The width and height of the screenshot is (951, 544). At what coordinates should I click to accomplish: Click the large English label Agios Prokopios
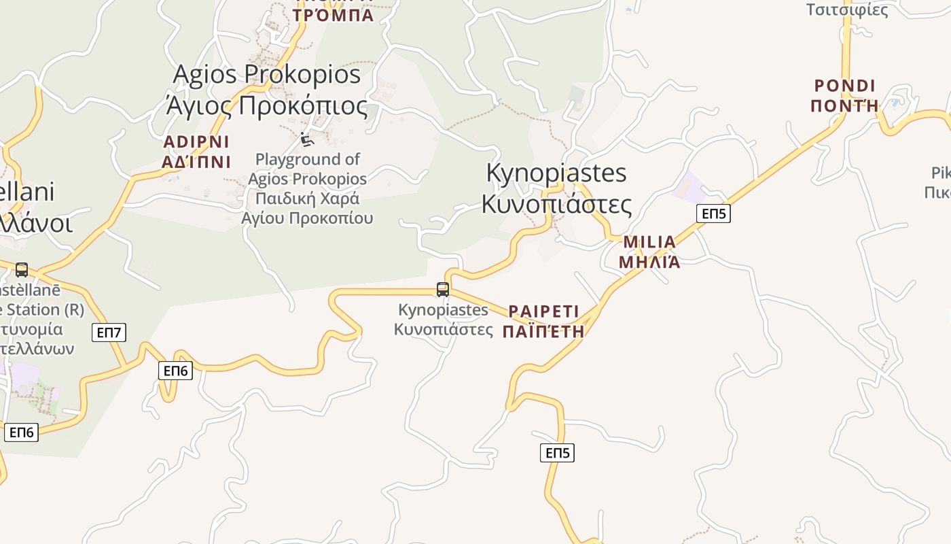tap(267, 74)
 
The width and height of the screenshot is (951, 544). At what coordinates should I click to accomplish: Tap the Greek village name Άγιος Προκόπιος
tap(266, 106)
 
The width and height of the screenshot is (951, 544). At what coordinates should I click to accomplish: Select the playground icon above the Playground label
tap(307, 139)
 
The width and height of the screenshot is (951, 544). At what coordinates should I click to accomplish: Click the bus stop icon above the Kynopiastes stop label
tap(443, 290)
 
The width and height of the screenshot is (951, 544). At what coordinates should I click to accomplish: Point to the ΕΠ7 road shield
tap(109, 333)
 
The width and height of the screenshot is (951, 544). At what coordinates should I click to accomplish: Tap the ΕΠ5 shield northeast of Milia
tap(713, 214)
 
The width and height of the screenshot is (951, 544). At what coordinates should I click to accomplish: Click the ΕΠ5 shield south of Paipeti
tap(557, 453)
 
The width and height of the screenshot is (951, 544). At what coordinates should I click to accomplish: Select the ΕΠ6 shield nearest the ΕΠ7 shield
tap(175, 371)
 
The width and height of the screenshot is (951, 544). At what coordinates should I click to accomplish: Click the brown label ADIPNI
tap(196, 142)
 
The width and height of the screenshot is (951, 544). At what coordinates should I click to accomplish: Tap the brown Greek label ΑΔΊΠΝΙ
tap(196, 162)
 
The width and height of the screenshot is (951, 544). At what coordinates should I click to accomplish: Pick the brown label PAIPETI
tap(543, 311)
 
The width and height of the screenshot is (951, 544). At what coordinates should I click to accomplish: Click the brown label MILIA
tap(649, 242)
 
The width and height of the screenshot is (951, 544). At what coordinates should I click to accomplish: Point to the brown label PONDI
tap(845, 86)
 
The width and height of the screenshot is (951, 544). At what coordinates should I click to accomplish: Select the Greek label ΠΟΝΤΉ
tap(845, 105)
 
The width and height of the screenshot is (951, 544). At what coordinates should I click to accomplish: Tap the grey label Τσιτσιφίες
tap(847, 10)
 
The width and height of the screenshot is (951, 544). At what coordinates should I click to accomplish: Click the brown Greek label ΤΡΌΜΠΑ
tap(334, 15)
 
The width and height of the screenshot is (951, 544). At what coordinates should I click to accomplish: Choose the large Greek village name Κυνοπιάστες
tap(556, 203)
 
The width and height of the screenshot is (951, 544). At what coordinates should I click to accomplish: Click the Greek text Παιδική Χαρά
tap(307, 199)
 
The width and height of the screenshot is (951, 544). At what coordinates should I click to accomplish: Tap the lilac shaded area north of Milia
tap(689, 186)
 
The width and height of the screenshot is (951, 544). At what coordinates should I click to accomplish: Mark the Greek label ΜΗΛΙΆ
tap(649, 262)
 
